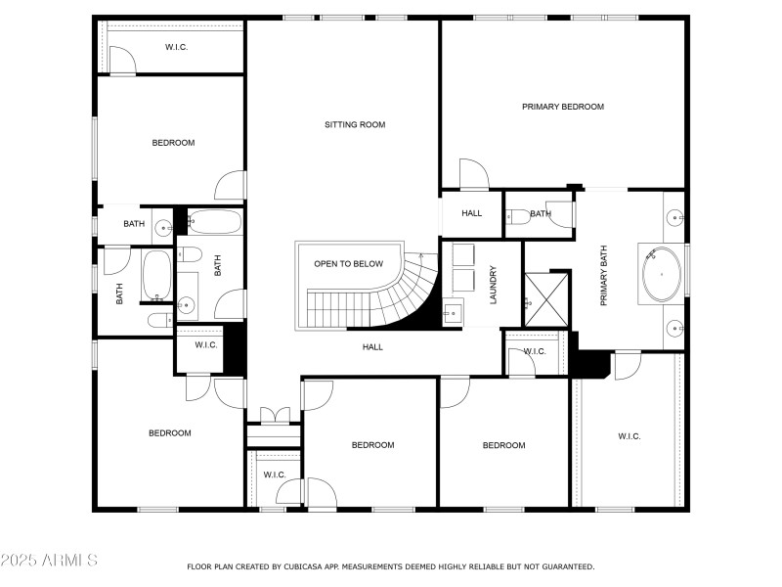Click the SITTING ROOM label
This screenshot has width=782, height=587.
[355, 124]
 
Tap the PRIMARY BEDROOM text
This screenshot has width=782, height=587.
[562, 107]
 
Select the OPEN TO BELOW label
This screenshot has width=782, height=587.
[348, 264]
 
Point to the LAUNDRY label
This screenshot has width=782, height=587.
[494, 285]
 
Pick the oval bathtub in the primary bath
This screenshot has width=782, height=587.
[662, 275]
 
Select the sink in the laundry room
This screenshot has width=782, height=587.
[452, 314]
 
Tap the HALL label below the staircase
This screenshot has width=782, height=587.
[372, 347]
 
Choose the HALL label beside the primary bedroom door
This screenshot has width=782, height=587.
[471, 213]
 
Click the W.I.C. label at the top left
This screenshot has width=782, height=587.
[178, 46]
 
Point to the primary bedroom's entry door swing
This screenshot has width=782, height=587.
[473, 174]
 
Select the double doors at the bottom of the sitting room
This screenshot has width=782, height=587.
[274, 415]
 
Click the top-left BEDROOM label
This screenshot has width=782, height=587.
[173, 143]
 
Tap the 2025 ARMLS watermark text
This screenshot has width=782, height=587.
[49, 561]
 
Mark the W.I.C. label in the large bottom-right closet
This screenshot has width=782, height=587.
[629, 436]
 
